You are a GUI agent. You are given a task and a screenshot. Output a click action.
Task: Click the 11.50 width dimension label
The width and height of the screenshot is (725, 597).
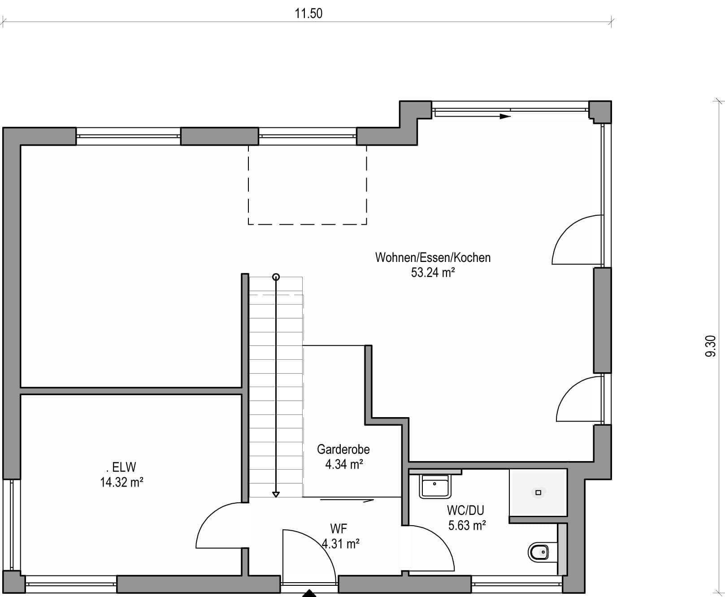pyautogui.click(x=308, y=13)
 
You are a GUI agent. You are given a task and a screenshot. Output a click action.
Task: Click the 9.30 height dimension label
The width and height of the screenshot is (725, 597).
pyautogui.click(x=711, y=346)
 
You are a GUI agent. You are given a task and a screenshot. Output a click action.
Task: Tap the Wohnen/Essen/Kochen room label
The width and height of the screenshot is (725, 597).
pyautogui.click(x=433, y=257)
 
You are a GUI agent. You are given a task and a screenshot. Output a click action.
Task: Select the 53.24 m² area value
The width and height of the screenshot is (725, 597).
pyautogui.click(x=433, y=272)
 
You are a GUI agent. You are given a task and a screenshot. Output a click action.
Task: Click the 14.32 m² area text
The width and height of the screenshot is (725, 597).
pyautogui.click(x=122, y=482)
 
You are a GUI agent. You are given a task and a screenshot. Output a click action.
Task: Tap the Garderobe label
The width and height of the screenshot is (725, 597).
pyautogui.click(x=343, y=449)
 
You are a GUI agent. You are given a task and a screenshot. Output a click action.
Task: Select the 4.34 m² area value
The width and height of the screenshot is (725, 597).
pyautogui.click(x=344, y=464)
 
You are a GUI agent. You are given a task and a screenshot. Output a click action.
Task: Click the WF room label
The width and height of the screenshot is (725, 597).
pyautogui.click(x=339, y=528)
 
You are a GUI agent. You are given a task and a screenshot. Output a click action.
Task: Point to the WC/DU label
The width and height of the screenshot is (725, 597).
pyautogui.click(x=465, y=510)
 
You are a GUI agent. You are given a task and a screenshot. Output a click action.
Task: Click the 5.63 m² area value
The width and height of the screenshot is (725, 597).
pyautogui.click(x=467, y=525)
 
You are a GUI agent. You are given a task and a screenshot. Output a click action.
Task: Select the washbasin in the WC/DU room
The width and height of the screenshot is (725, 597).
pyautogui.click(x=435, y=486)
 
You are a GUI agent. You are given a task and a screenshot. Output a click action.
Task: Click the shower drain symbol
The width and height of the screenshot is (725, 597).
pyautogui.click(x=538, y=492)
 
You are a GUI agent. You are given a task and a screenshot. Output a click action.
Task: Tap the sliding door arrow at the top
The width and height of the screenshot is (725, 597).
pyautogui.click(x=473, y=117)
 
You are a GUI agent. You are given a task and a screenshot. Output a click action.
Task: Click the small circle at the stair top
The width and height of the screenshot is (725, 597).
pyautogui.click(x=276, y=277)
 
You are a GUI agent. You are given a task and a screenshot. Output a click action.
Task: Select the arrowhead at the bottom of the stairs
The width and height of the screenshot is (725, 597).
pyautogui.click(x=276, y=494)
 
